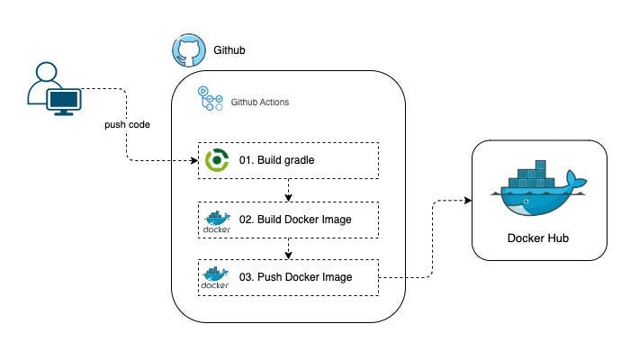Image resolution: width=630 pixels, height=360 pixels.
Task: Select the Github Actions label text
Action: (x=260, y=103)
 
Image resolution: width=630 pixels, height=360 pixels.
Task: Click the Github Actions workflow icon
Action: (x=210, y=100)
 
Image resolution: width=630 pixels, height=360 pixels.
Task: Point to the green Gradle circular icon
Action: (x=217, y=160)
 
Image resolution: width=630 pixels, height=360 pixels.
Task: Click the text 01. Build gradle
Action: (x=276, y=160)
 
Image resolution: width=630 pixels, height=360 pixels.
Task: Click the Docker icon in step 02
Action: (x=217, y=220)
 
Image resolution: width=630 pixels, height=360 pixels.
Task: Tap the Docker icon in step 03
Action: (x=217, y=277)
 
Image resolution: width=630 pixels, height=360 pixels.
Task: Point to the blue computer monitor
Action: (x=64, y=101)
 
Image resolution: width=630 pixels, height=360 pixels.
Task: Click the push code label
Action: (x=126, y=123)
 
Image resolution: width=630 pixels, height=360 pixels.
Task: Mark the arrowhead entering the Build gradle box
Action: (x=193, y=160)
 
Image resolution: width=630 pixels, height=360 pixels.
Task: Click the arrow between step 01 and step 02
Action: (x=288, y=190)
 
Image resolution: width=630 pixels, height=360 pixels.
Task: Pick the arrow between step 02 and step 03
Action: (x=288, y=248)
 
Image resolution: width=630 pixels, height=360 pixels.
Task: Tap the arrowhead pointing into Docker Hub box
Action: (x=468, y=200)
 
